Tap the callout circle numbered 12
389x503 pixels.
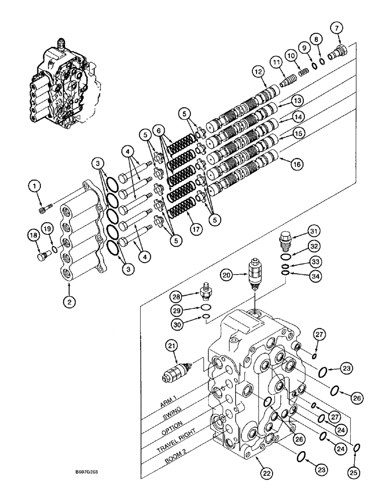click(x=259, y=73)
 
